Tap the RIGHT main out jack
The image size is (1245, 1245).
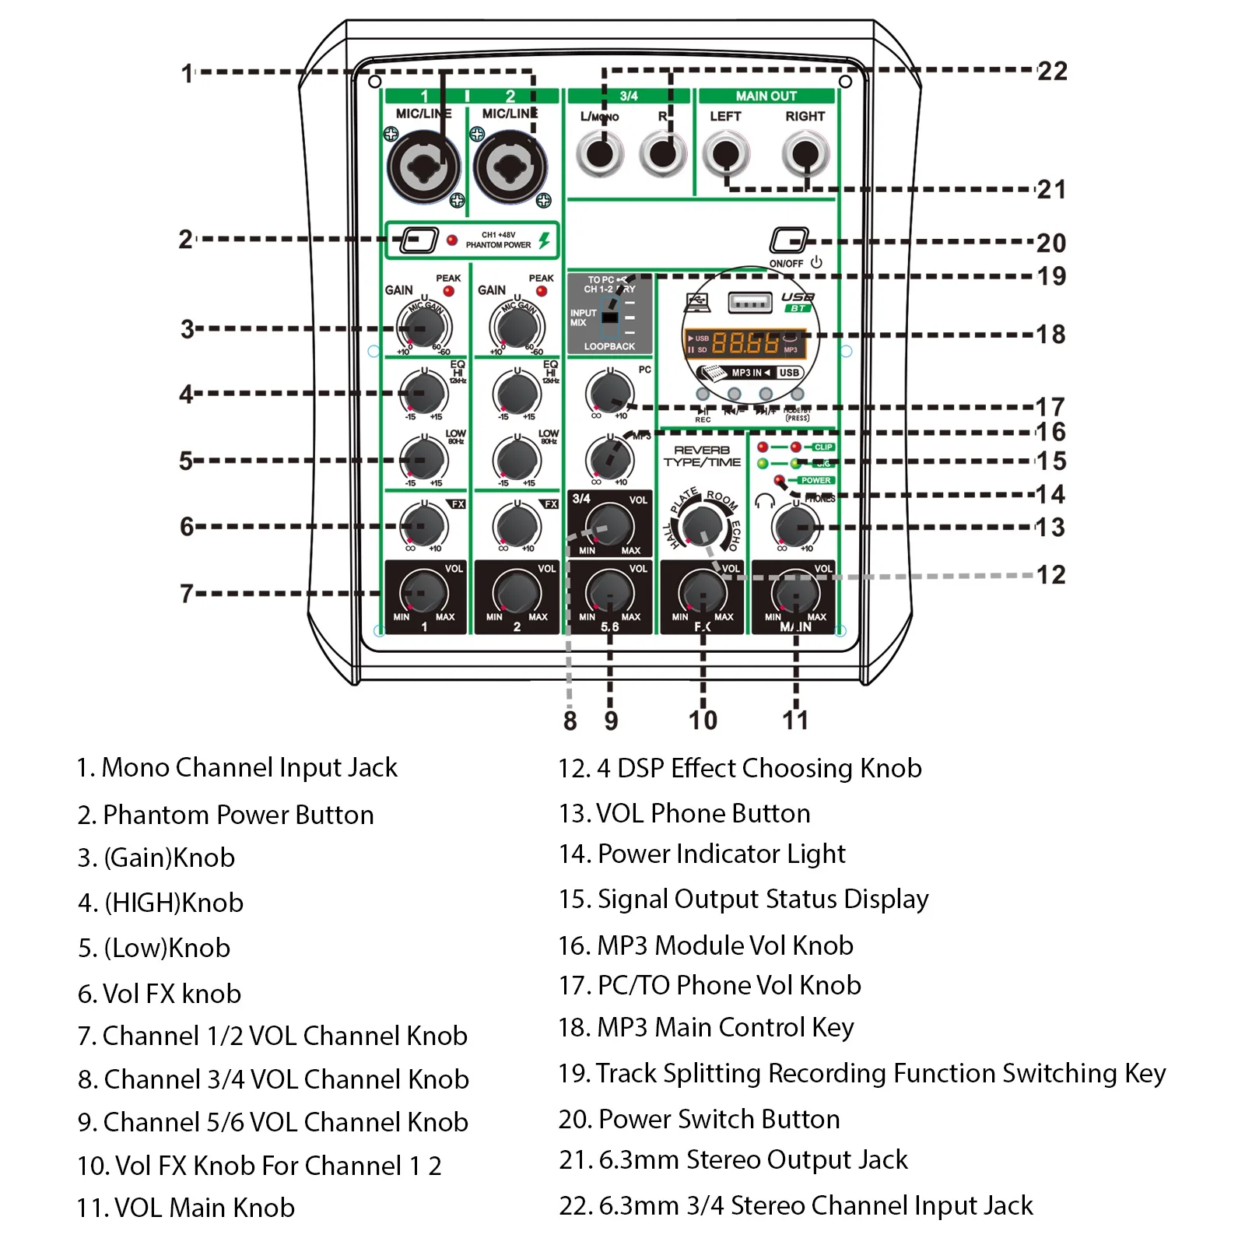805,153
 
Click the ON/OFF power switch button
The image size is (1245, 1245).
788,240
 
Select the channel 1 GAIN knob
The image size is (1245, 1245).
423,326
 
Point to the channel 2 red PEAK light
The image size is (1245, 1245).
542,292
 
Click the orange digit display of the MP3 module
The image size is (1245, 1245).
745,342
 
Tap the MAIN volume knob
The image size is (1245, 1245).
795,594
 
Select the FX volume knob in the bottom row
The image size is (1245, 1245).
703,594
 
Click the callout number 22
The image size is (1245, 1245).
1052,72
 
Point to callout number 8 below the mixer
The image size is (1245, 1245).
570,721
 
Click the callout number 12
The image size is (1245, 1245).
1050,575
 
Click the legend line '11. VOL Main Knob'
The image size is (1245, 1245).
186,1208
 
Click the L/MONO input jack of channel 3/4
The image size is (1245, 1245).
600,153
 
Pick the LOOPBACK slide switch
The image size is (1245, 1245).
610,317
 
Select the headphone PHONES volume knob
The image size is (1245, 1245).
795,527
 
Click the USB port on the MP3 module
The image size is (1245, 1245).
749,302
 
